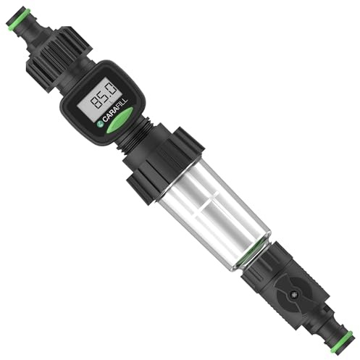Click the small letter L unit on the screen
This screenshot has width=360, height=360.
click(111, 102)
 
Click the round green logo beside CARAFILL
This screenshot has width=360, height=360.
click(100, 124)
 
